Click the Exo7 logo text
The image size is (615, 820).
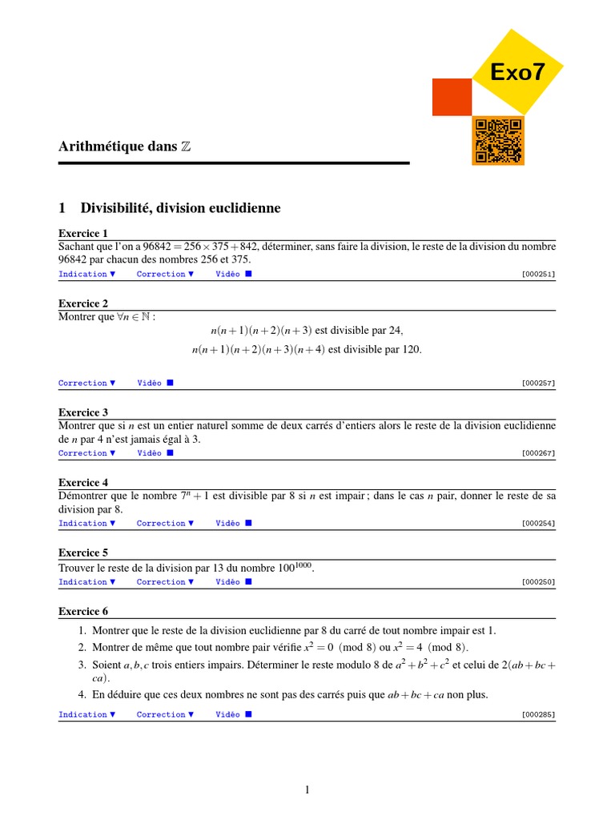[518, 72]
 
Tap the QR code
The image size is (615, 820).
[498, 140]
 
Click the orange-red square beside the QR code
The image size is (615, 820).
[452, 98]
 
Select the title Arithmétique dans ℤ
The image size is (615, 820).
[125, 147]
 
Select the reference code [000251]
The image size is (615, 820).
[537, 274]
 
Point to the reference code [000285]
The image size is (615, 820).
[537, 714]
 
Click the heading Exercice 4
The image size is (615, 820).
[83, 483]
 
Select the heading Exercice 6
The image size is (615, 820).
[83, 611]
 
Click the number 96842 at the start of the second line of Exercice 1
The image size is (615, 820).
[74, 259]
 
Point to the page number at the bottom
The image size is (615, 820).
[307, 790]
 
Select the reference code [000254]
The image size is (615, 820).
[537, 524]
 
